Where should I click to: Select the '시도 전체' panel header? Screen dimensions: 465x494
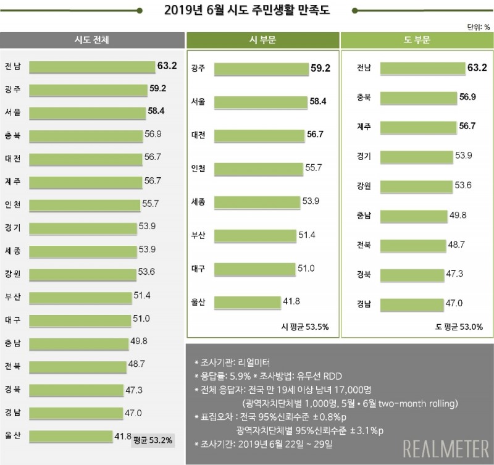pyautogui.click(x=92, y=40)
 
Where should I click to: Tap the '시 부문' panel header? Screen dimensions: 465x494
pyautogui.click(x=262, y=40)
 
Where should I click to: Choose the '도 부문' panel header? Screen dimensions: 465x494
pyautogui.click(x=416, y=40)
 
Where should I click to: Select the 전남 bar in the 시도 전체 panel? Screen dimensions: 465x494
pyautogui.click(x=92, y=67)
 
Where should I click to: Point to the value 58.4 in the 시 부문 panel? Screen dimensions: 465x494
pyautogui.click(x=318, y=101)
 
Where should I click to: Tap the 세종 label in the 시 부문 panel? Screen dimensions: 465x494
pyautogui.click(x=199, y=202)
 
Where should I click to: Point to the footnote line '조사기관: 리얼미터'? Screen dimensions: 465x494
pyautogui.click(x=232, y=362)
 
